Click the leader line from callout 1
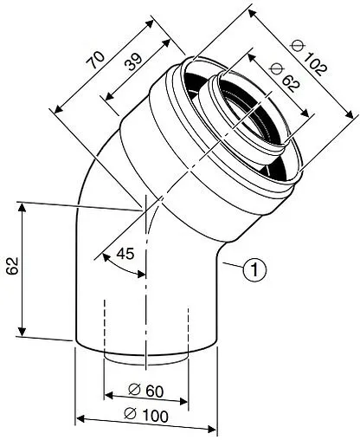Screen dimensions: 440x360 tap(229, 263)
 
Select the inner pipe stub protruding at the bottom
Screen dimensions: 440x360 tap(145, 359)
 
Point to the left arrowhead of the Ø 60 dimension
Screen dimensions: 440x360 tap(109, 396)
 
